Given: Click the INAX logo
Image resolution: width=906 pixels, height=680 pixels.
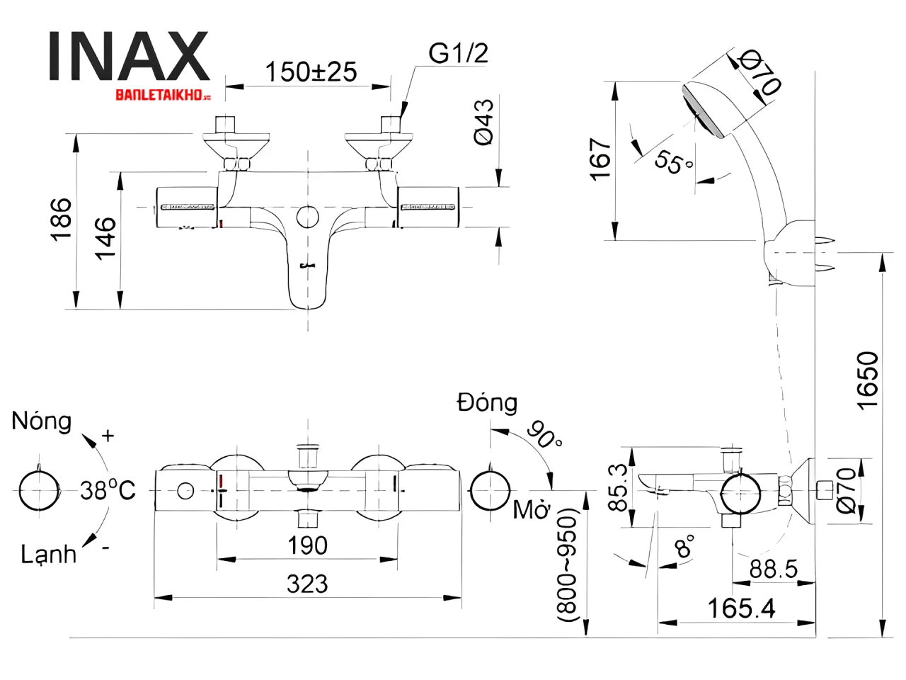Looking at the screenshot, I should click(x=129, y=57).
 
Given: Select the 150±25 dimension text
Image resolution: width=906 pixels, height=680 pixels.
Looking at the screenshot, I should click(x=311, y=72).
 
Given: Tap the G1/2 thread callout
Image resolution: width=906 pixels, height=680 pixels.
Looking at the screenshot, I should click(x=458, y=53).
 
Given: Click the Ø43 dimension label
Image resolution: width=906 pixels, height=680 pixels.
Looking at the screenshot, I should click(x=484, y=123).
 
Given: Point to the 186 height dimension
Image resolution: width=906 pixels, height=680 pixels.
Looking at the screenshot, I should click(x=62, y=220).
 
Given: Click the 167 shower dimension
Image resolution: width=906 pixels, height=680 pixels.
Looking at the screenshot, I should click(x=600, y=159).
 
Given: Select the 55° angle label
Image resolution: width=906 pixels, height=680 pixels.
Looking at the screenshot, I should click(x=672, y=162).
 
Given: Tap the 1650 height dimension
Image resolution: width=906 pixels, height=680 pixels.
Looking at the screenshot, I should click(x=868, y=380).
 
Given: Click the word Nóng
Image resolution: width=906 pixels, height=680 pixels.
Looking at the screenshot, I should click(x=42, y=421).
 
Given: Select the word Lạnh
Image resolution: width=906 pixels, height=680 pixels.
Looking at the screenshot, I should click(x=48, y=554).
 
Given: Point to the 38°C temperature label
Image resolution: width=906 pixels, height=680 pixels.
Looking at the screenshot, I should click(x=107, y=490).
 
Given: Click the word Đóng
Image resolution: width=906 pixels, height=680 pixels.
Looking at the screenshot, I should click(x=487, y=402).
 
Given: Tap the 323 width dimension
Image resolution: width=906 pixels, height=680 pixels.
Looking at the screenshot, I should click(x=307, y=584).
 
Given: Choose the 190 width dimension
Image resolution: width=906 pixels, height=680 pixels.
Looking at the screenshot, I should click(x=307, y=545).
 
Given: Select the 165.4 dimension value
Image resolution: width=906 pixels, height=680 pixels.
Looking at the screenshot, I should click(x=741, y=608).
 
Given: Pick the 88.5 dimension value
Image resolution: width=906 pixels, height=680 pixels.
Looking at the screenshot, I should click(x=773, y=569).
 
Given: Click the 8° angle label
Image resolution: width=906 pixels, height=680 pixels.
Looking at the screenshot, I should click(x=684, y=548).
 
